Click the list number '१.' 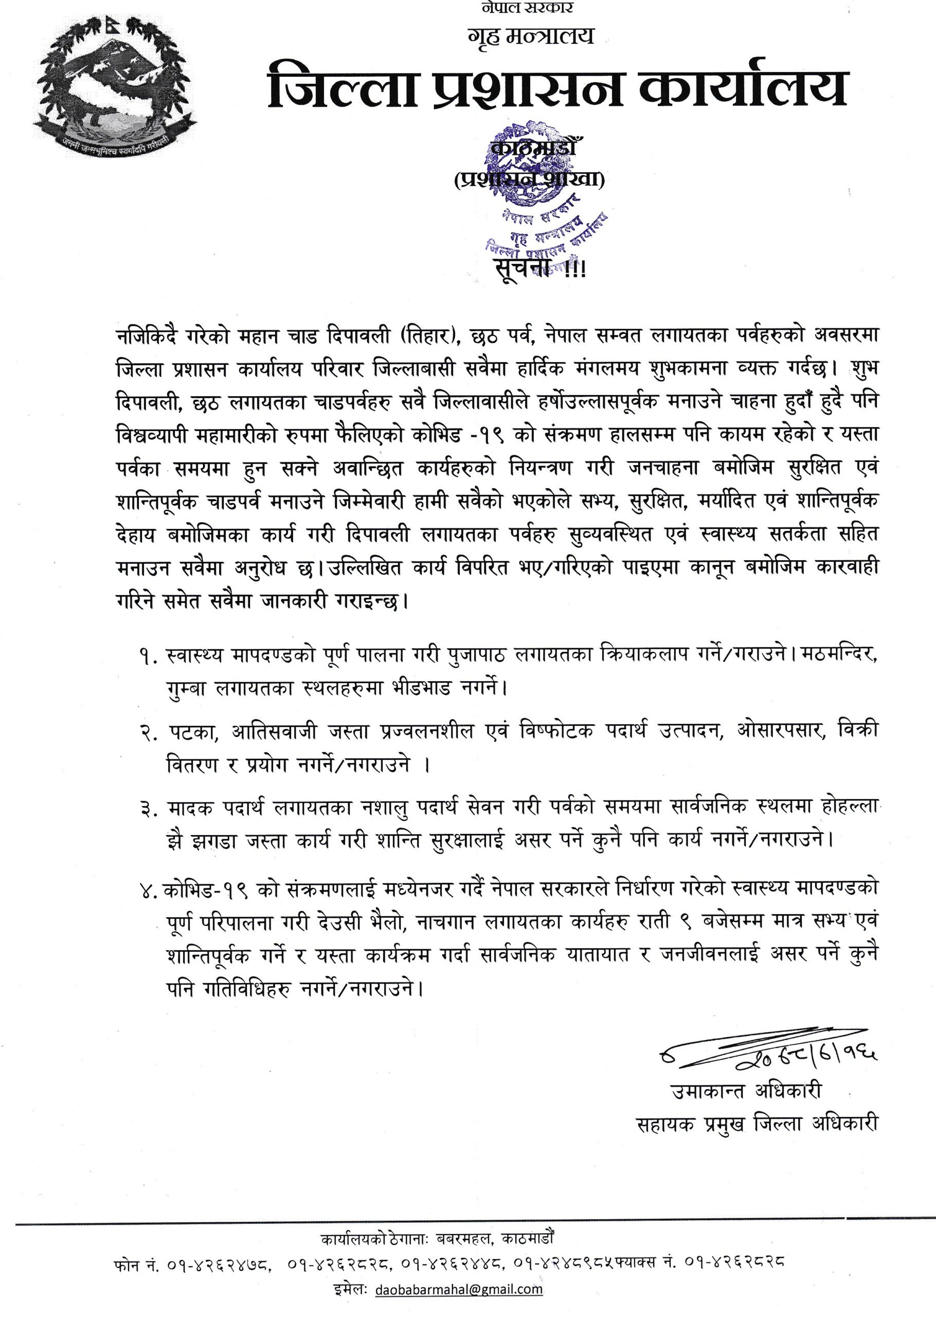pos(147,656)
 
